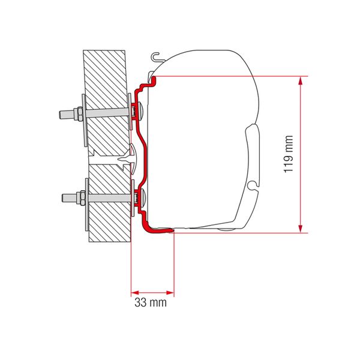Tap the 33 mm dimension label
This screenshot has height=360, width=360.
click(151, 303)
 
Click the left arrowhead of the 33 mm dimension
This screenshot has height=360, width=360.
click(133, 293)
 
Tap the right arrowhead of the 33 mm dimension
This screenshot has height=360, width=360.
click(170, 293)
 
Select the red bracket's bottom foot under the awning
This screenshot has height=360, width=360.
click(159, 229)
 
